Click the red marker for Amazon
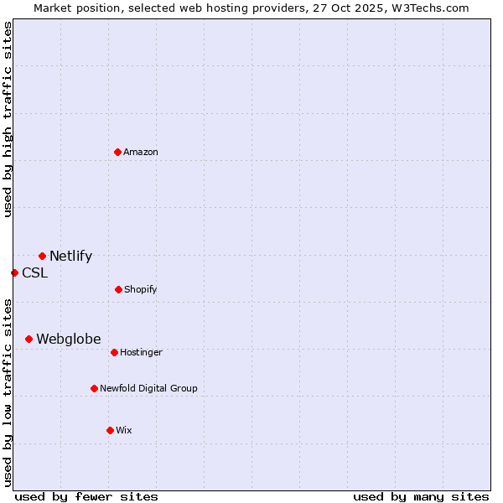tap(117, 152)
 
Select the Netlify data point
tap(42, 256)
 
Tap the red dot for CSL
tap(14, 272)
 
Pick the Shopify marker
tap(118, 289)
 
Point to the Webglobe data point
tap(29, 339)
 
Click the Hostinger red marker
tap(114, 352)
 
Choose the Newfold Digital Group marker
tap(94, 388)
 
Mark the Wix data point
tap(110, 430)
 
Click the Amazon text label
tap(141, 152)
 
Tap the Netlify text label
tap(70, 257)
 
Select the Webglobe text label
tap(68, 339)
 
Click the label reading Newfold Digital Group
tap(148, 388)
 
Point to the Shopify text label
tap(140, 289)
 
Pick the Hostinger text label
tap(141, 352)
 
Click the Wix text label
tap(124, 430)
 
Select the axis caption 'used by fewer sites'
tap(86, 496)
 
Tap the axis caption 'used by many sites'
tap(421, 496)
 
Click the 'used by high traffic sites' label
tap(8, 119)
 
